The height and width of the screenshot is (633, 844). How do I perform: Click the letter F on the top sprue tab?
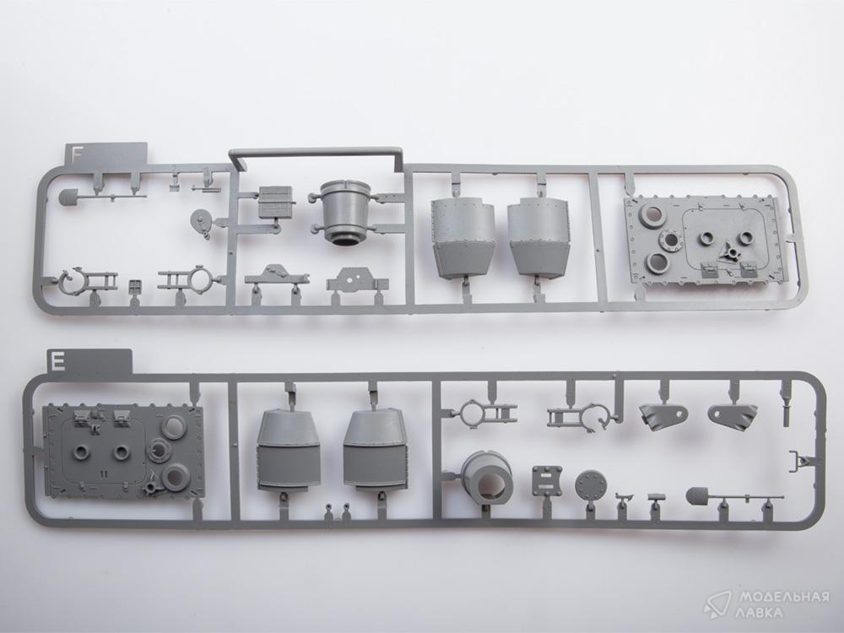77,154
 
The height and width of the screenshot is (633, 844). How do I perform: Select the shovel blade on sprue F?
68,197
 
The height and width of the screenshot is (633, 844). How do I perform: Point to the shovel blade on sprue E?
696,495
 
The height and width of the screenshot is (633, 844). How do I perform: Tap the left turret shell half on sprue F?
463,237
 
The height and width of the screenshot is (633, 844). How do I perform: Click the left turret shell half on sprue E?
289,450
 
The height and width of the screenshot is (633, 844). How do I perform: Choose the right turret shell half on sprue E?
374,450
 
